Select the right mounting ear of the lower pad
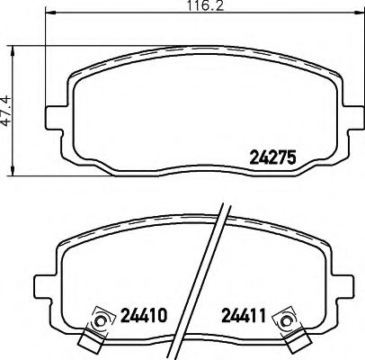point(320,286)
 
